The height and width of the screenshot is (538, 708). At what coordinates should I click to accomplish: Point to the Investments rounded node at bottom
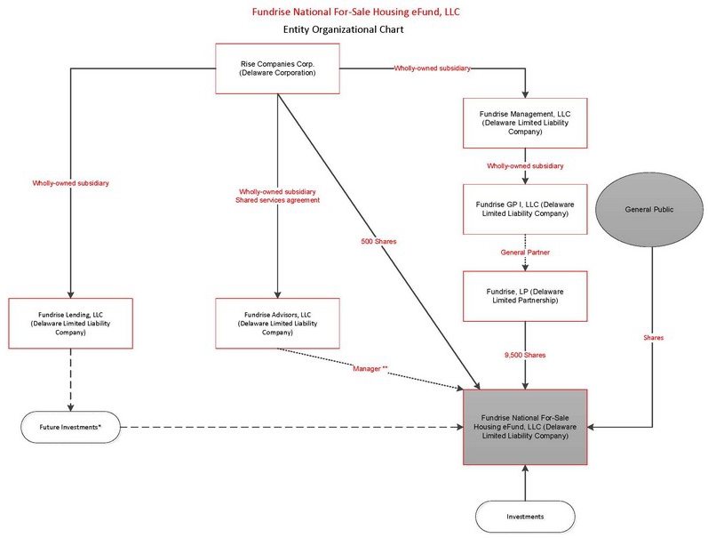(526, 515)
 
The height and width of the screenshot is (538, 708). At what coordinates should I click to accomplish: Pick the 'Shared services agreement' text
(277, 199)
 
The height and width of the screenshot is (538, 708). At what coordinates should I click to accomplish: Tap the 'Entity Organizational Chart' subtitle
(354, 28)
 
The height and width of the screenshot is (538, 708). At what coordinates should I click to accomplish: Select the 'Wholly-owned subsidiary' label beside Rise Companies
(431, 68)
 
